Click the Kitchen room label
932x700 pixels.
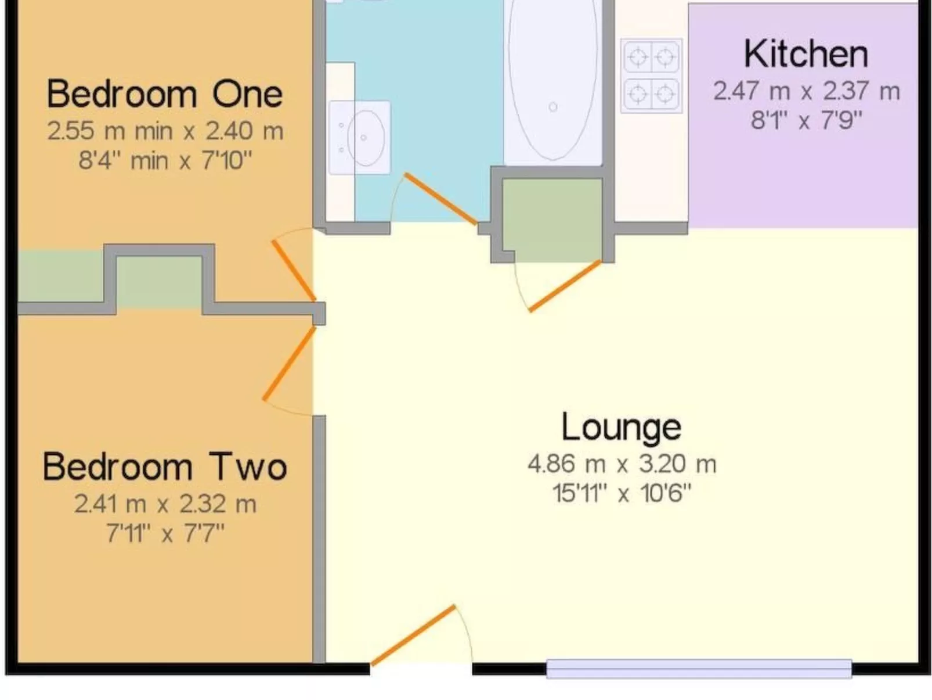pyautogui.click(x=806, y=55)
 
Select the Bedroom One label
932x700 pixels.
pyautogui.click(x=165, y=94)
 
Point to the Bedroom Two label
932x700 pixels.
pyautogui.click(x=165, y=466)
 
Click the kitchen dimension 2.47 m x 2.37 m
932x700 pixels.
pyautogui.click(x=806, y=91)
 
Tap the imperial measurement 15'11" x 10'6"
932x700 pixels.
pyautogui.click(x=622, y=493)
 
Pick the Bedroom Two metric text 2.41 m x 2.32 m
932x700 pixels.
pyautogui.click(x=165, y=504)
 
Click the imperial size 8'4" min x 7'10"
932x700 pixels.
pyautogui.click(x=165, y=161)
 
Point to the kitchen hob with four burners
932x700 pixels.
pyautogui.click(x=651, y=76)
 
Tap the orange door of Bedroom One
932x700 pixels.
pyautogui.click(x=294, y=271)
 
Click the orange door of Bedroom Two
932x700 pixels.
pyautogui.click(x=290, y=363)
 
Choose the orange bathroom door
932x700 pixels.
pyautogui.click(x=440, y=199)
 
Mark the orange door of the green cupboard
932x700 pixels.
pyautogui.click(x=565, y=286)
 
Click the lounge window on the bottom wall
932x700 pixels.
pyautogui.click(x=699, y=669)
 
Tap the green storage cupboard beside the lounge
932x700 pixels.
pyautogui.click(x=552, y=220)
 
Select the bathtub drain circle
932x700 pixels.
pyautogui.click(x=553, y=107)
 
